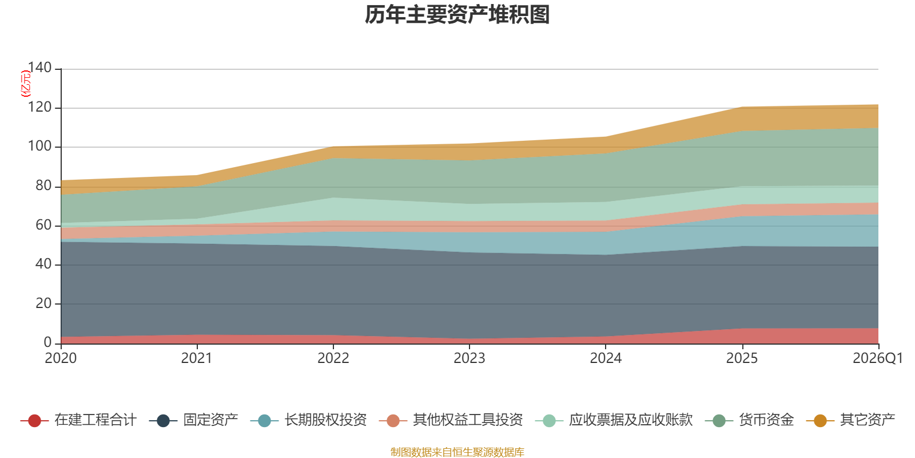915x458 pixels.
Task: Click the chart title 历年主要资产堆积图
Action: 457,15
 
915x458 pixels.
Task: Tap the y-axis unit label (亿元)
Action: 26,84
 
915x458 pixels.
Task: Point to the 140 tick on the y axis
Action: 39,68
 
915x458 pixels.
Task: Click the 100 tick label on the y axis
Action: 39,147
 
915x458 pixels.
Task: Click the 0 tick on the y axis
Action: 47,342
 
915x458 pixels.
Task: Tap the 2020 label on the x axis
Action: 61,358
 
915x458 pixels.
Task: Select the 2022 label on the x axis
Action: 333,358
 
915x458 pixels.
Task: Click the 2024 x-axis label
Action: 606,358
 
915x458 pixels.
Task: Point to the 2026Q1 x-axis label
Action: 877,358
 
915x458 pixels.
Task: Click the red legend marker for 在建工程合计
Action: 34,421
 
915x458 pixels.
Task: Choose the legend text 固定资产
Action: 210,420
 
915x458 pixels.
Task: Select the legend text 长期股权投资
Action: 325,420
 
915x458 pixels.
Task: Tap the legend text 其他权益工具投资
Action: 468,420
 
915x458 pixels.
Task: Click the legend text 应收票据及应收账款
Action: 630,420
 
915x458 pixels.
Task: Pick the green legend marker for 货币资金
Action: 719,421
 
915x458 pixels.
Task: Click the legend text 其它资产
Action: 867,420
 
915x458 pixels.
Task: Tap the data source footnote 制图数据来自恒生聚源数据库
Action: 457,452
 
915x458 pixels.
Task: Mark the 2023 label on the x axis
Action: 470,358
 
